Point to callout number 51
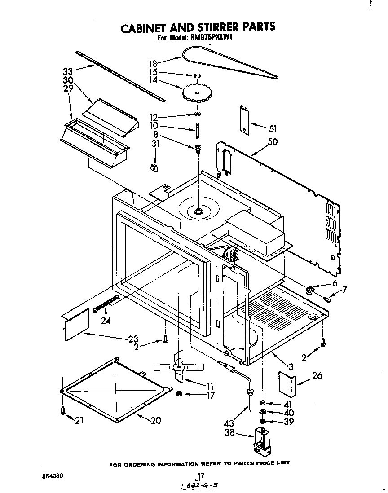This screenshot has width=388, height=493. (x=272, y=129)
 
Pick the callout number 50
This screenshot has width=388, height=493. (x=272, y=142)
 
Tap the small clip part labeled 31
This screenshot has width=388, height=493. (x=154, y=167)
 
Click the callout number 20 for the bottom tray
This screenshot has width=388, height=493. (x=155, y=421)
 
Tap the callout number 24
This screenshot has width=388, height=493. (x=106, y=321)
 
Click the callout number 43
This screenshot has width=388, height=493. (x=229, y=423)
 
